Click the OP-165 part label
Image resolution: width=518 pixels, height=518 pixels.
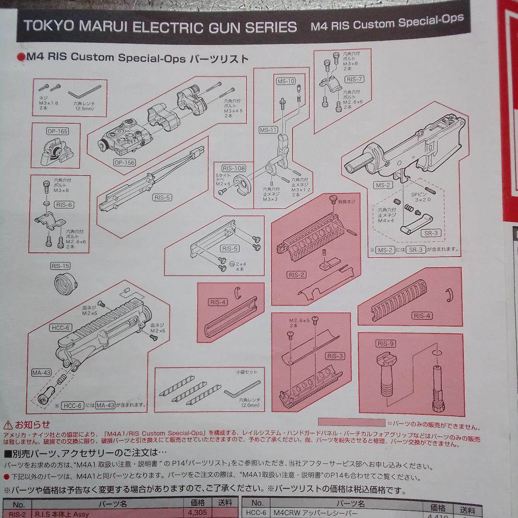coord(57,131)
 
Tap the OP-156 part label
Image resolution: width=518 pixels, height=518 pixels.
coord(124,163)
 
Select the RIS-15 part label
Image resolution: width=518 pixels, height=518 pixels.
coord(60,265)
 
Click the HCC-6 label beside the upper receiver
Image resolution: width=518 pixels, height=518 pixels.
coord(60,328)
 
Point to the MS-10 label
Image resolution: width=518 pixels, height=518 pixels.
coord(286,81)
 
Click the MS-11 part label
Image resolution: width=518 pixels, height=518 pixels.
coord(268,130)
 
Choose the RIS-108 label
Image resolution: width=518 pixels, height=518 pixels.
coord(234,168)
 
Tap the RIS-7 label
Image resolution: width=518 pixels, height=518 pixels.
coord(354,80)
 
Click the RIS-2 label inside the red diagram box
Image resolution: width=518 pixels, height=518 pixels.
coord(296,275)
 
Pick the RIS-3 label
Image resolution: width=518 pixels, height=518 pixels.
coord(335,356)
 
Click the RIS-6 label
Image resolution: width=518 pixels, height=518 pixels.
coord(64,205)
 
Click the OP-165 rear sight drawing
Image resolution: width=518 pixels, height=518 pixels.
coord(59,150)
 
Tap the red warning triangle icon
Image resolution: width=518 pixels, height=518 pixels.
coord(8,424)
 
